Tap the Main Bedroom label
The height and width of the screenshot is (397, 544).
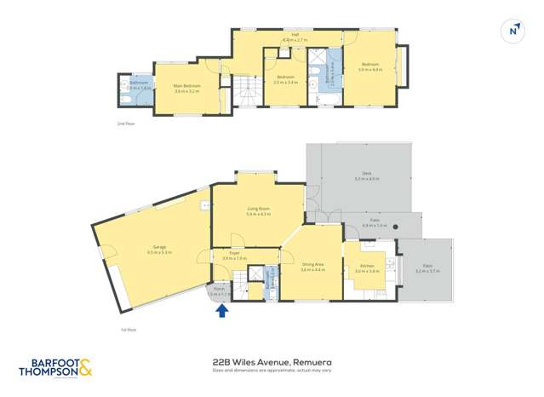point(186,85)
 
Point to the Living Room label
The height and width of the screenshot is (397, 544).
point(258,208)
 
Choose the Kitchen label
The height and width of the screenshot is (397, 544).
point(367,266)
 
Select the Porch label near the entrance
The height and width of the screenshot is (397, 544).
point(220,289)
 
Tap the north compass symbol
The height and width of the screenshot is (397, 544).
point(513,31)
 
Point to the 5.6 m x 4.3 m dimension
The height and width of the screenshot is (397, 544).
point(258,214)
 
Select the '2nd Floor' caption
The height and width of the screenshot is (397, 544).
point(127,124)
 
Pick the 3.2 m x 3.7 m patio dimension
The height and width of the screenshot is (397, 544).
point(427,270)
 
